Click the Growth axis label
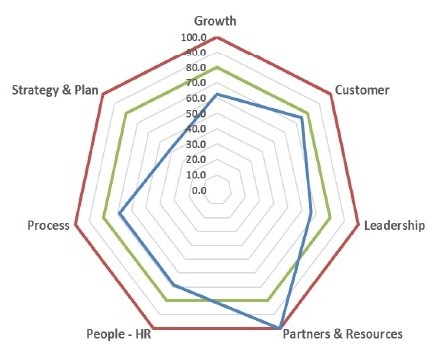(215, 21)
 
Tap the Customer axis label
(362, 90)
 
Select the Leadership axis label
(394, 225)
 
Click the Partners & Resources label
(343, 334)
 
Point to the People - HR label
(119, 334)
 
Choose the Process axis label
(49, 225)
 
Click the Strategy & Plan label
(55, 90)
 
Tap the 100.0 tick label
(194, 37)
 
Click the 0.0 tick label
(199, 190)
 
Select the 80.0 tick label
(196, 68)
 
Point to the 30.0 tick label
(196, 144)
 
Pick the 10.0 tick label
(196, 175)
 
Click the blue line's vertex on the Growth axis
(217, 94)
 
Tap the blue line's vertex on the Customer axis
(302, 117)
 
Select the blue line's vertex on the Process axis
(120, 212)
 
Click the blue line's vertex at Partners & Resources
(279, 328)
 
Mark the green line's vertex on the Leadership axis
(330, 218)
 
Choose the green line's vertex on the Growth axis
(217, 68)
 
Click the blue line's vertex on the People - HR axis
(173, 285)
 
